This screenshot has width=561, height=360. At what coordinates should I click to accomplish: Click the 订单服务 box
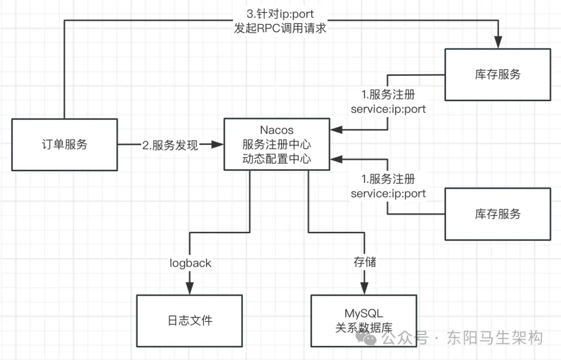pos(64,144)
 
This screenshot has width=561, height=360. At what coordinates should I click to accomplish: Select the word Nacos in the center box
pos(276,130)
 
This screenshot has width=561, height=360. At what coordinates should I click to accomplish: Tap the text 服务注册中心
pos(276,144)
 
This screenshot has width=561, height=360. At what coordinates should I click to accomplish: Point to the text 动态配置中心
pos(276,158)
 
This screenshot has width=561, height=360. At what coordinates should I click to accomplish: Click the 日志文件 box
pos(190,320)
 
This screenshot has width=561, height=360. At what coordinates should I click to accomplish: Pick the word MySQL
pos(364,313)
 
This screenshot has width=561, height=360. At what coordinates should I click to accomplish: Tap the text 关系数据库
pos(364,328)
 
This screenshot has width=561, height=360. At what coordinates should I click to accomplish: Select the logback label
pos(190,263)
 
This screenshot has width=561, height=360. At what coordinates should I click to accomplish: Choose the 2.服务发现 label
pos(170,145)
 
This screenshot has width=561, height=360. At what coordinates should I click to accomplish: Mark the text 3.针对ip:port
pos(280,14)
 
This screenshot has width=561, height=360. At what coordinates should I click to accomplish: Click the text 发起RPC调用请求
pos(280,28)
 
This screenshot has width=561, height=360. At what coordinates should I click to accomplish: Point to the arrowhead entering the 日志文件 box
pos(190,289)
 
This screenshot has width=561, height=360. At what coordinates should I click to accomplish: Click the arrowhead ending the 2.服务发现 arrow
pos(219,145)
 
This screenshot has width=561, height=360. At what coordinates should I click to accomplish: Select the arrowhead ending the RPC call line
pos(499,43)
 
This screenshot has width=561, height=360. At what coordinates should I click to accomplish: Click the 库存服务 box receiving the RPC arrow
pos(498,74)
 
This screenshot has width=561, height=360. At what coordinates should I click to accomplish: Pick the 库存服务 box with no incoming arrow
pos(498,214)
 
